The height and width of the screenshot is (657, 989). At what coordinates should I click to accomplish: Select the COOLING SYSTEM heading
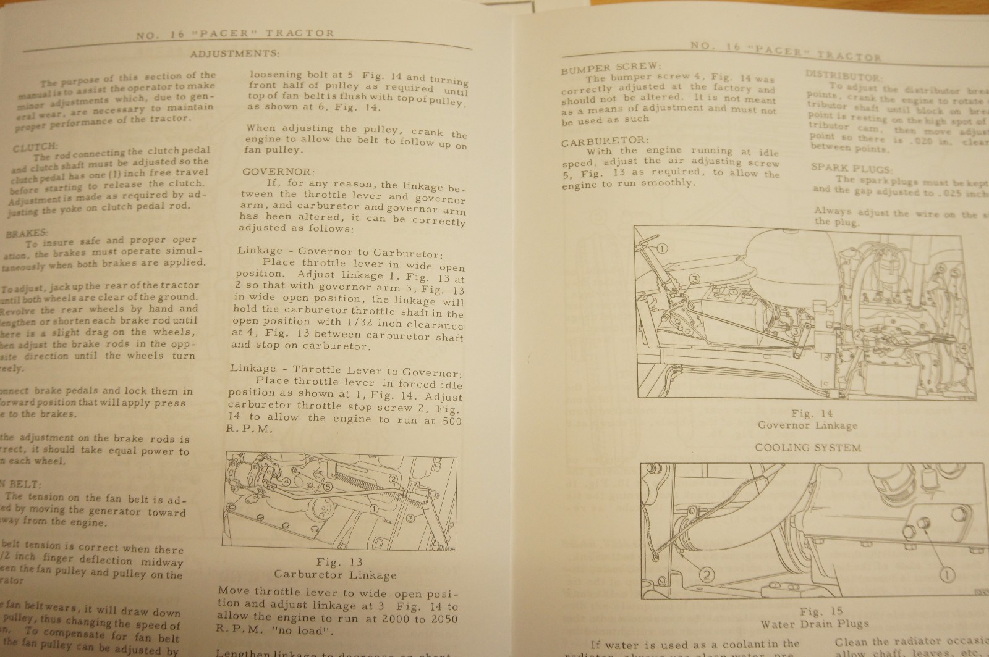808,447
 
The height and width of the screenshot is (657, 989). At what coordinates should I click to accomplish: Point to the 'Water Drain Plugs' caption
814,624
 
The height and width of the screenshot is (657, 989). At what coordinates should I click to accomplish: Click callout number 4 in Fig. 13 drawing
286,482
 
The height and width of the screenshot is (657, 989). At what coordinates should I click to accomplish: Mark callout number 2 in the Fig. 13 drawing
394,478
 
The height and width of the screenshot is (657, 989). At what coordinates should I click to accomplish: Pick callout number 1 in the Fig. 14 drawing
662,249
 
